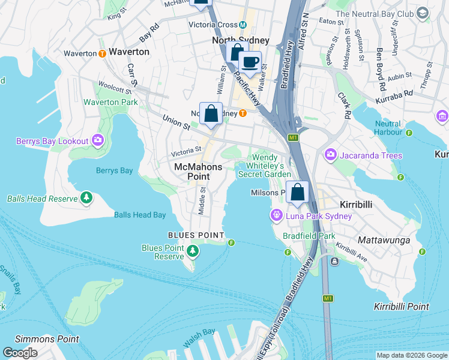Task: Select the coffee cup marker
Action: coord(250,61)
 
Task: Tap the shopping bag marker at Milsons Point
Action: coord(297,192)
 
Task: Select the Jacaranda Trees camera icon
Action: coord(331,155)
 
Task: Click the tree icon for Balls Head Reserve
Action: coord(86,197)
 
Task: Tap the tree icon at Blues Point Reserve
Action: coord(193,250)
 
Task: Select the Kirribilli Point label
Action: coord(402,307)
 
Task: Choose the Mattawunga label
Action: coord(384,240)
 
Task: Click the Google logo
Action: coord(20,353)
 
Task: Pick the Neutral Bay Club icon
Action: coord(423,13)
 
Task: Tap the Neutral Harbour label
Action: coord(387,128)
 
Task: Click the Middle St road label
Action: coord(202,200)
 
